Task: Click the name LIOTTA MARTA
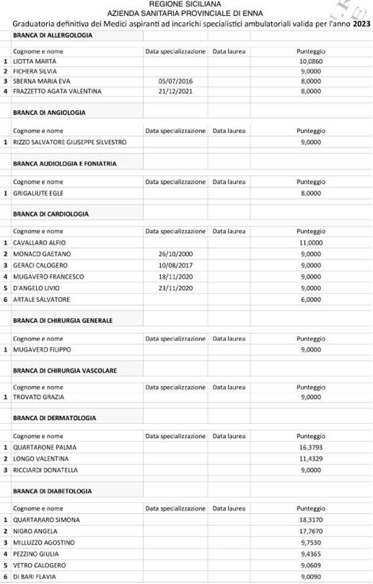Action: (35, 61)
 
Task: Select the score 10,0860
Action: (311, 61)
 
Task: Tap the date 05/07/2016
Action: (175, 81)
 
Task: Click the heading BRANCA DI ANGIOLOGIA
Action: (49, 113)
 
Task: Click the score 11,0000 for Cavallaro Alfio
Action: (311, 243)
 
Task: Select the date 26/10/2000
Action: (175, 254)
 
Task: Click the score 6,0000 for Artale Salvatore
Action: (311, 299)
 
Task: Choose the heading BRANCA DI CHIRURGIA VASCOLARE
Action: (65, 370)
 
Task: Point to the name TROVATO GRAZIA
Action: (38, 397)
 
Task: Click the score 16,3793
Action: (311, 447)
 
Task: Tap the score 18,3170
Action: (311, 519)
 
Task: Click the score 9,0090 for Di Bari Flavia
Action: (311, 577)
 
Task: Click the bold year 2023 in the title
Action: (361, 24)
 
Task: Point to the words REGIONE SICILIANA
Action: (185, 4)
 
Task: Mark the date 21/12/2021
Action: (175, 91)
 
